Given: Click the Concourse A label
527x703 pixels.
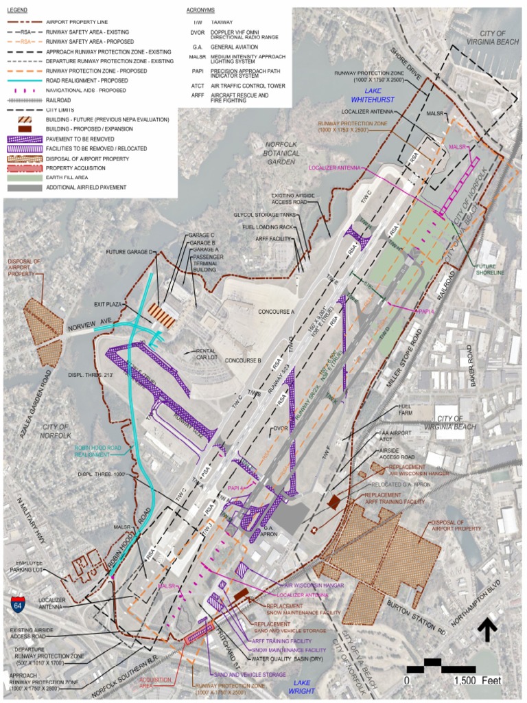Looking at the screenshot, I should (276, 312).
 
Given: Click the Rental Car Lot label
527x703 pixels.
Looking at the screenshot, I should (205, 354).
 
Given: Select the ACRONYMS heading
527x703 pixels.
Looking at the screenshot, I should (201, 12).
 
